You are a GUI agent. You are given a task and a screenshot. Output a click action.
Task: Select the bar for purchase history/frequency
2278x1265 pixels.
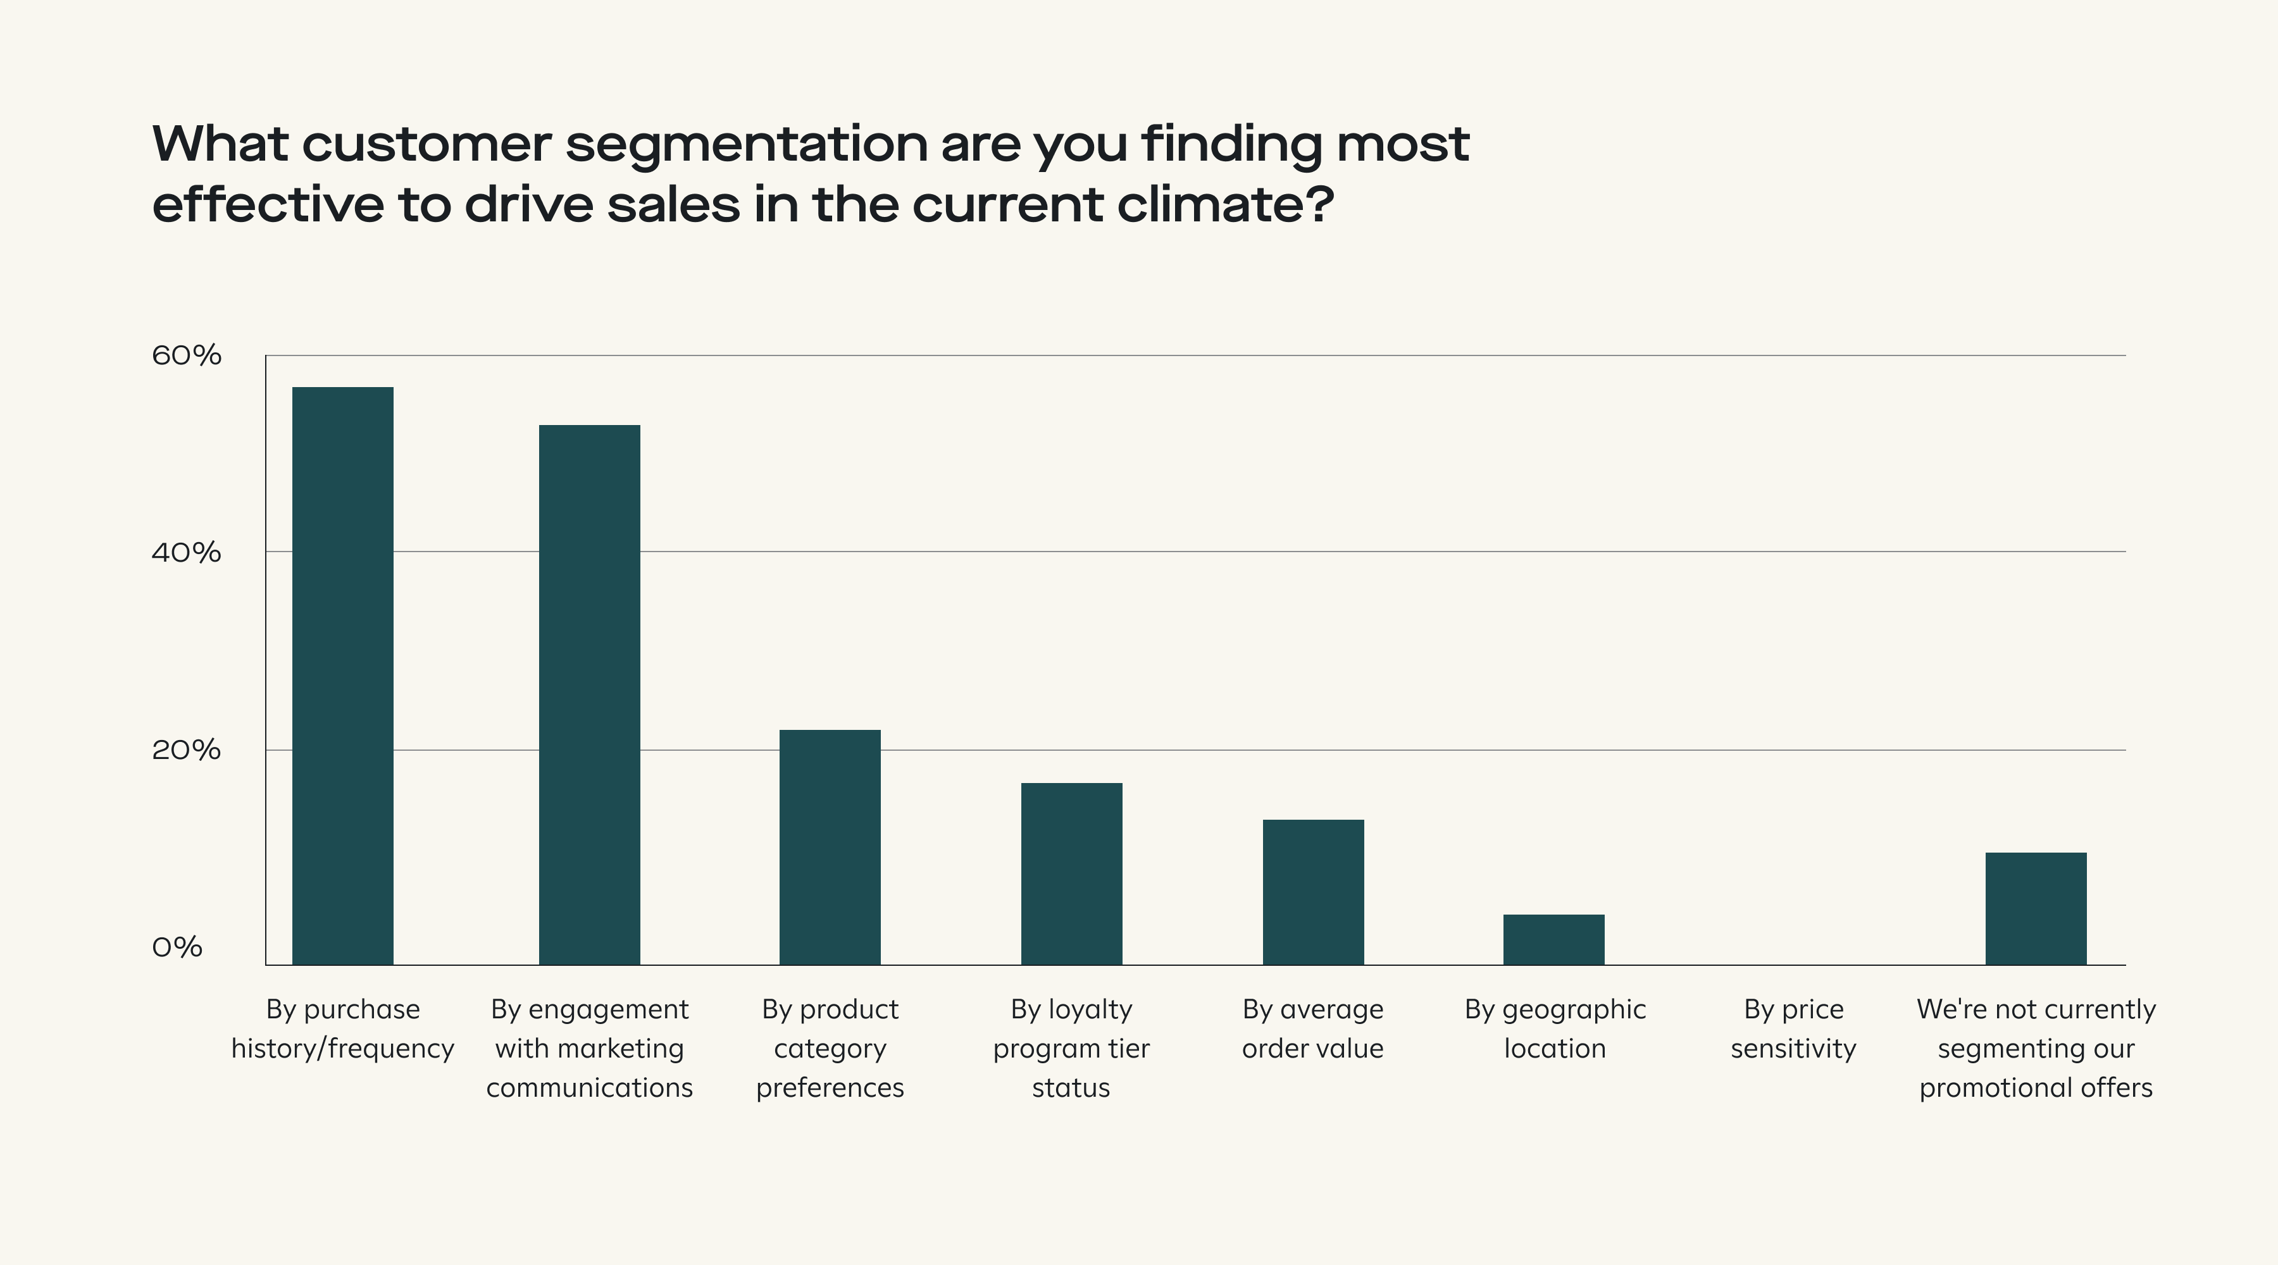[342, 676]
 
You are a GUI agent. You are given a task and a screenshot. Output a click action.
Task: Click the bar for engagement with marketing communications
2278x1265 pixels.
[589, 695]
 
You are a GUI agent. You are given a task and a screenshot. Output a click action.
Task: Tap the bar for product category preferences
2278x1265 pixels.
[830, 847]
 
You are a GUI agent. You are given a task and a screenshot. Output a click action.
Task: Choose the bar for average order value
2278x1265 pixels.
[1312, 892]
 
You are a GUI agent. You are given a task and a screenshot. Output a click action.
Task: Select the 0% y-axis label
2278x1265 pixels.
[177, 947]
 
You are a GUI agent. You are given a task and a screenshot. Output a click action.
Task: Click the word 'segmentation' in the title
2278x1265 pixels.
[747, 144]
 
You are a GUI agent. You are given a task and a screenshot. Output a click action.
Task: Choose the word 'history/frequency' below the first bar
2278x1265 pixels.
[342, 1049]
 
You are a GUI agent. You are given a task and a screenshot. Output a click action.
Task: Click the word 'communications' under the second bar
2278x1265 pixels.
[589, 1087]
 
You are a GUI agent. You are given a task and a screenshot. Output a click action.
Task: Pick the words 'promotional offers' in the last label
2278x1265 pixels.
[2036, 1087]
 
